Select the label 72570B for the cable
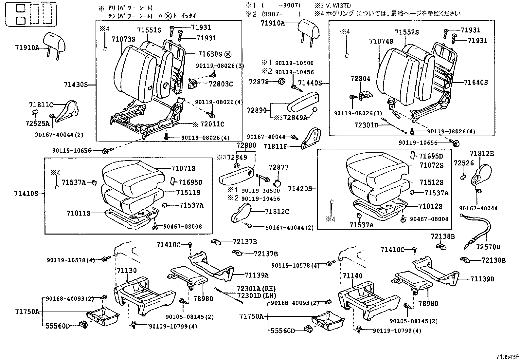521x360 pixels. coord(488,247)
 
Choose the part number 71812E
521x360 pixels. coord(482,154)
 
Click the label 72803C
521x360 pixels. coord(221,84)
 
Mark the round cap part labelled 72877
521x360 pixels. coord(278,182)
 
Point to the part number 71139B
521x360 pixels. coord(482,279)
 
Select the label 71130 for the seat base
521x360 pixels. coord(127,270)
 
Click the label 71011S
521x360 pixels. coord(78,213)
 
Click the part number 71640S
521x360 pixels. coord(476,83)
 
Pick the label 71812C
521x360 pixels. coord(277,212)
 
